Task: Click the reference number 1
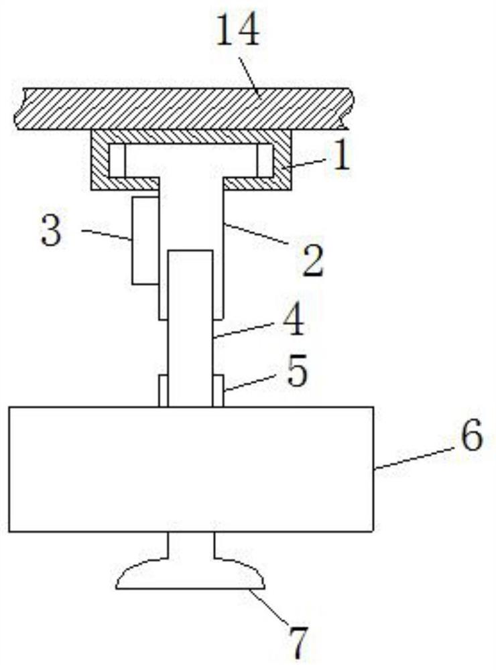tap(341, 157)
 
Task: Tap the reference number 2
tap(310, 261)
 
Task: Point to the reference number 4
tap(292, 322)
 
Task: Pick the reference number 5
tap(296, 373)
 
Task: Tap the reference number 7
tap(297, 641)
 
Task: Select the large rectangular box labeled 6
tap(191, 468)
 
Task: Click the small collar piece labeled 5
tap(218, 391)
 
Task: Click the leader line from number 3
tap(107, 234)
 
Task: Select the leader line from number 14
tap(251, 72)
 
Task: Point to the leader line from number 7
tap(269, 606)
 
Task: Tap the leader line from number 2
tap(259, 237)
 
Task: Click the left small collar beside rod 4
tap(162, 391)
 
